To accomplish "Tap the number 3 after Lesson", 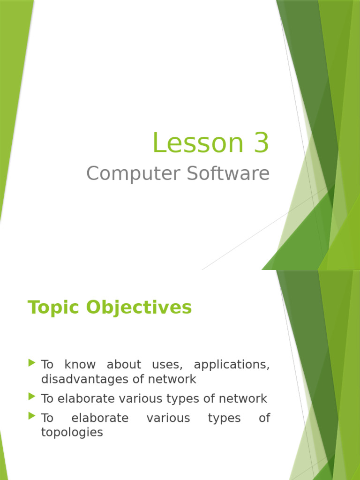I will [262, 143].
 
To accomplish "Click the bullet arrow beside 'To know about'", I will [32, 362].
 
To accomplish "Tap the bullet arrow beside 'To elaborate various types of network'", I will [32, 397].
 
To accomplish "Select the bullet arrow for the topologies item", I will [32, 415].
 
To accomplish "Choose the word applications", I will [232, 365].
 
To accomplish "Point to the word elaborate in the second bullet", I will [87, 399].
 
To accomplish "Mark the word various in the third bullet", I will [168, 418].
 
